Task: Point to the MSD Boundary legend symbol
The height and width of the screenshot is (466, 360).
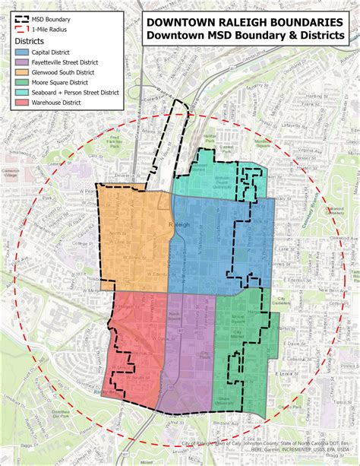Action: (x=21, y=14)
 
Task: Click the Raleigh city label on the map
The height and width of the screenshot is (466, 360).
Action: (x=182, y=226)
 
